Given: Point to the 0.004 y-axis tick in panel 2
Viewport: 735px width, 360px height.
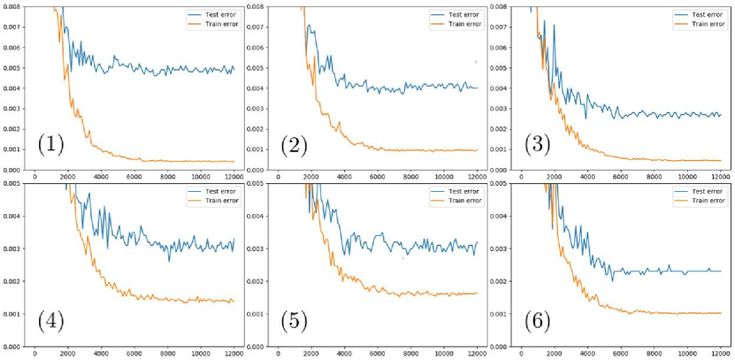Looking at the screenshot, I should pos(256,88).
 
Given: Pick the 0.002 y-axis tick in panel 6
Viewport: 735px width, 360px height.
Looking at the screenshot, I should pos(501,281).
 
